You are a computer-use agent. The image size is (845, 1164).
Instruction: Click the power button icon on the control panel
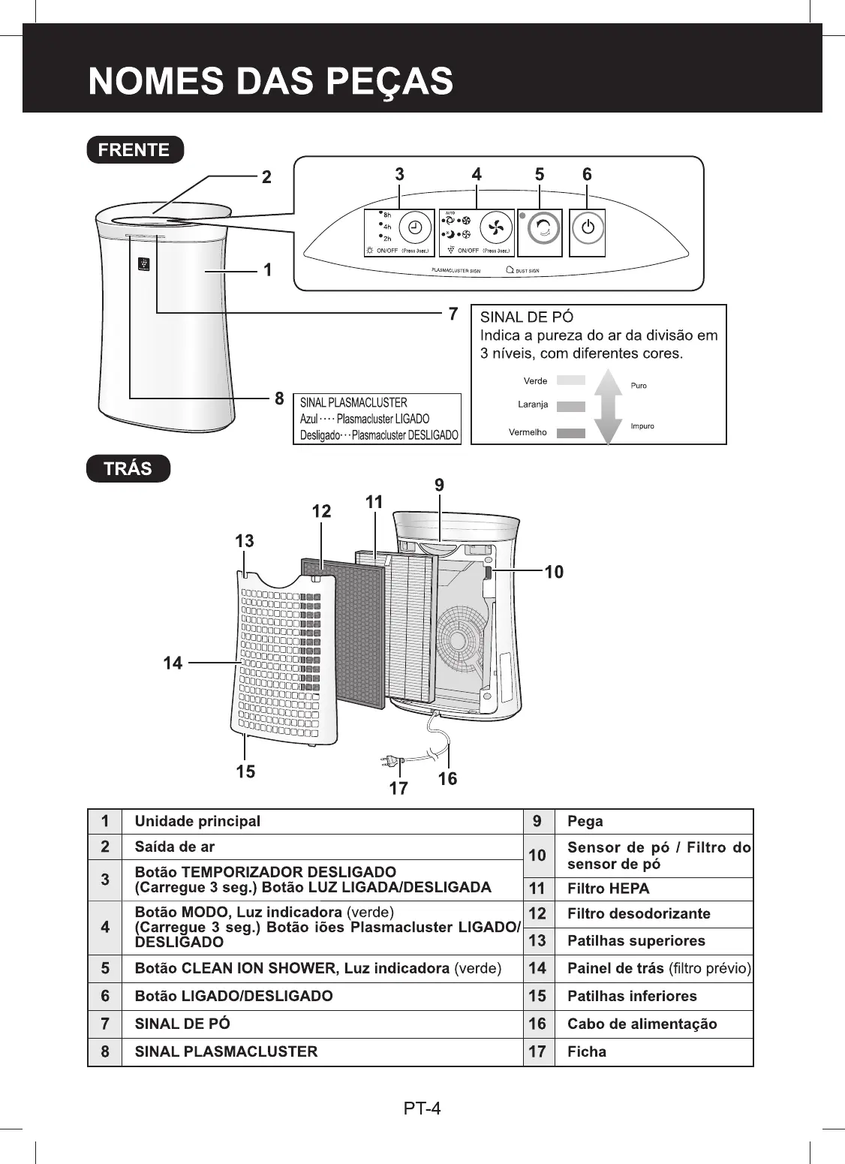point(588,228)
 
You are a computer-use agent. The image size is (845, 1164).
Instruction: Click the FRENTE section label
point(134,149)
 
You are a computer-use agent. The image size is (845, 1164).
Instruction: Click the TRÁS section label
point(128,469)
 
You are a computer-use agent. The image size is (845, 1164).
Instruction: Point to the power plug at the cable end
point(391,762)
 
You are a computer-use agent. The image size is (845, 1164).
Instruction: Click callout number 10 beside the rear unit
point(554,573)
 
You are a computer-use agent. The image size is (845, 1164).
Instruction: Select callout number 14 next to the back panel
point(173,663)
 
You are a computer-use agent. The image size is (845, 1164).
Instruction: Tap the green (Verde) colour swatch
point(571,380)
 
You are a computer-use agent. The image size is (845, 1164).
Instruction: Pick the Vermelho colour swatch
point(571,433)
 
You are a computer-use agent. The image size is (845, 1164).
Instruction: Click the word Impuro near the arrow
point(643,426)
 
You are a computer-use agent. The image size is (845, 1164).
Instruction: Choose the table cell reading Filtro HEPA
point(609,889)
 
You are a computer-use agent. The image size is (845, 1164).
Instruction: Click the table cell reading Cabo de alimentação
point(642,1024)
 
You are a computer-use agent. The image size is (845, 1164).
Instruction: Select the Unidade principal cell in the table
point(197,821)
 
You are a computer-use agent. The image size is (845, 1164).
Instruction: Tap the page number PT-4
point(422,1108)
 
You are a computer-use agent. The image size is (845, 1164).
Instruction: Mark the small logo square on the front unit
point(143,263)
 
